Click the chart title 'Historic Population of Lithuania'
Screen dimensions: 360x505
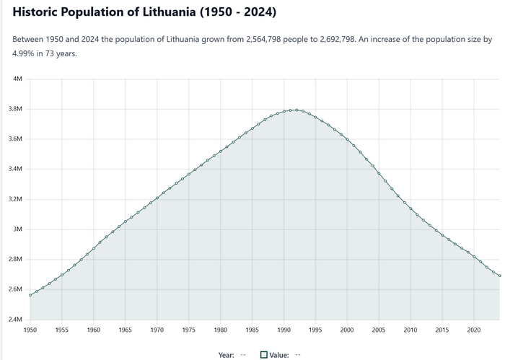(x=144, y=13)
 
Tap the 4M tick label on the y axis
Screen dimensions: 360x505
(x=18, y=79)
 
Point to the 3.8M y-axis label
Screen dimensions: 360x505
(x=15, y=109)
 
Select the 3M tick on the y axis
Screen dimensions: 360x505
(x=18, y=229)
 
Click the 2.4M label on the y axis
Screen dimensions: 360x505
(x=15, y=320)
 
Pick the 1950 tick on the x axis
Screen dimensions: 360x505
(x=30, y=330)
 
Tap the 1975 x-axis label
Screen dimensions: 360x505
(x=188, y=330)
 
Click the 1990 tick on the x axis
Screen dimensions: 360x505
(x=284, y=330)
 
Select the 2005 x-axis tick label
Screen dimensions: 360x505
(x=379, y=330)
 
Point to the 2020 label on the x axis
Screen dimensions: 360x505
(x=474, y=330)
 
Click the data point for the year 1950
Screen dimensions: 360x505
(x=30, y=295)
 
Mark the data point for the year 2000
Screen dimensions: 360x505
(x=347, y=139)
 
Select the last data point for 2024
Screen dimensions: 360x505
(x=499, y=276)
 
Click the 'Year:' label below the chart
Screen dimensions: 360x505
(x=227, y=354)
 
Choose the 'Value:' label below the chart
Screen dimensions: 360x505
(x=279, y=354)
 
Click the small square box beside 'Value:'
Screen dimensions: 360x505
(x=264, y=354)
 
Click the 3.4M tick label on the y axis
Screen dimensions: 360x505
(x=15, y=170)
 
